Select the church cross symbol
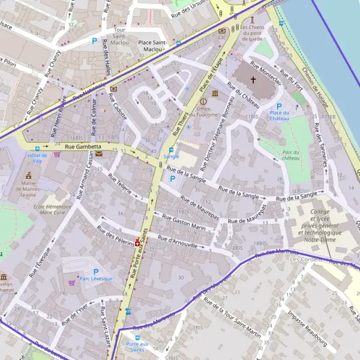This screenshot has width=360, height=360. [253, 80]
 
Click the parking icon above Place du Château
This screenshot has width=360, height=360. [279, 106]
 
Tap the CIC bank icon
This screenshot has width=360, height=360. [223, 30]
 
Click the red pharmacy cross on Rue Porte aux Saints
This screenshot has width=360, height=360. [137, 242]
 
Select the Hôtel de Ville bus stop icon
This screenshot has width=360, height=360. [37, 148]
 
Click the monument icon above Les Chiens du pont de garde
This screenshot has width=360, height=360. [252, 20]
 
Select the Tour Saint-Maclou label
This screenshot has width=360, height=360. [119, 35]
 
